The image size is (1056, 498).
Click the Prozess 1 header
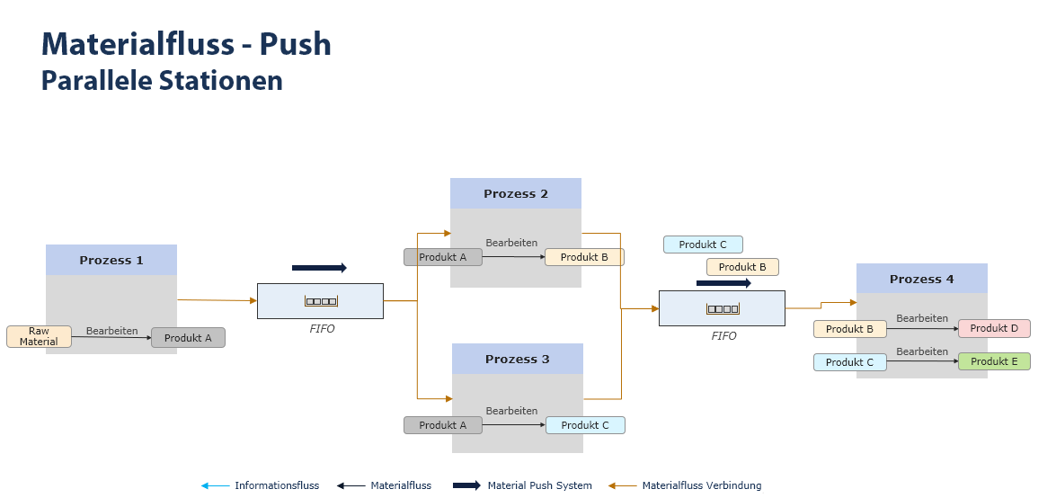point(111,261)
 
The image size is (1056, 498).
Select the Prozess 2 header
point(516,194)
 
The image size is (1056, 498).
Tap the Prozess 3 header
point(517,360)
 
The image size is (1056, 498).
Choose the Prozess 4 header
point(921,280)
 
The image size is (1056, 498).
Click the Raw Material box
point(39,336)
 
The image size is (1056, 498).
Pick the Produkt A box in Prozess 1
point(188,338)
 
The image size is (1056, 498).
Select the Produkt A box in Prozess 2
point(442,257)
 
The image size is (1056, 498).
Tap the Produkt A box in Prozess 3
point(442,425)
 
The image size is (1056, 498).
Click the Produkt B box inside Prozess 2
point(584,257)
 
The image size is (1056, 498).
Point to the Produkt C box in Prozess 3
point(585,425)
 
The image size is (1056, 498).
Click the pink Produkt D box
point(994,328)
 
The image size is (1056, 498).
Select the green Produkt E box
point(994,361)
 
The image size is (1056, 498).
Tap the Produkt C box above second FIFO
point(703,245)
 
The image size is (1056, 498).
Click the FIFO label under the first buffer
point(322,329)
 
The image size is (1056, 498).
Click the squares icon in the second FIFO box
point(723,309)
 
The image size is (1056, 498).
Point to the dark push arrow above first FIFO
point(319,268)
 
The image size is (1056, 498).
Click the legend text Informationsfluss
point(277,485)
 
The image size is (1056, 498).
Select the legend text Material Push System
point(539,485)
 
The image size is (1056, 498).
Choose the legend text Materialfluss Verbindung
point(701,485)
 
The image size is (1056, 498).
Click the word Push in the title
point(296,44)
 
